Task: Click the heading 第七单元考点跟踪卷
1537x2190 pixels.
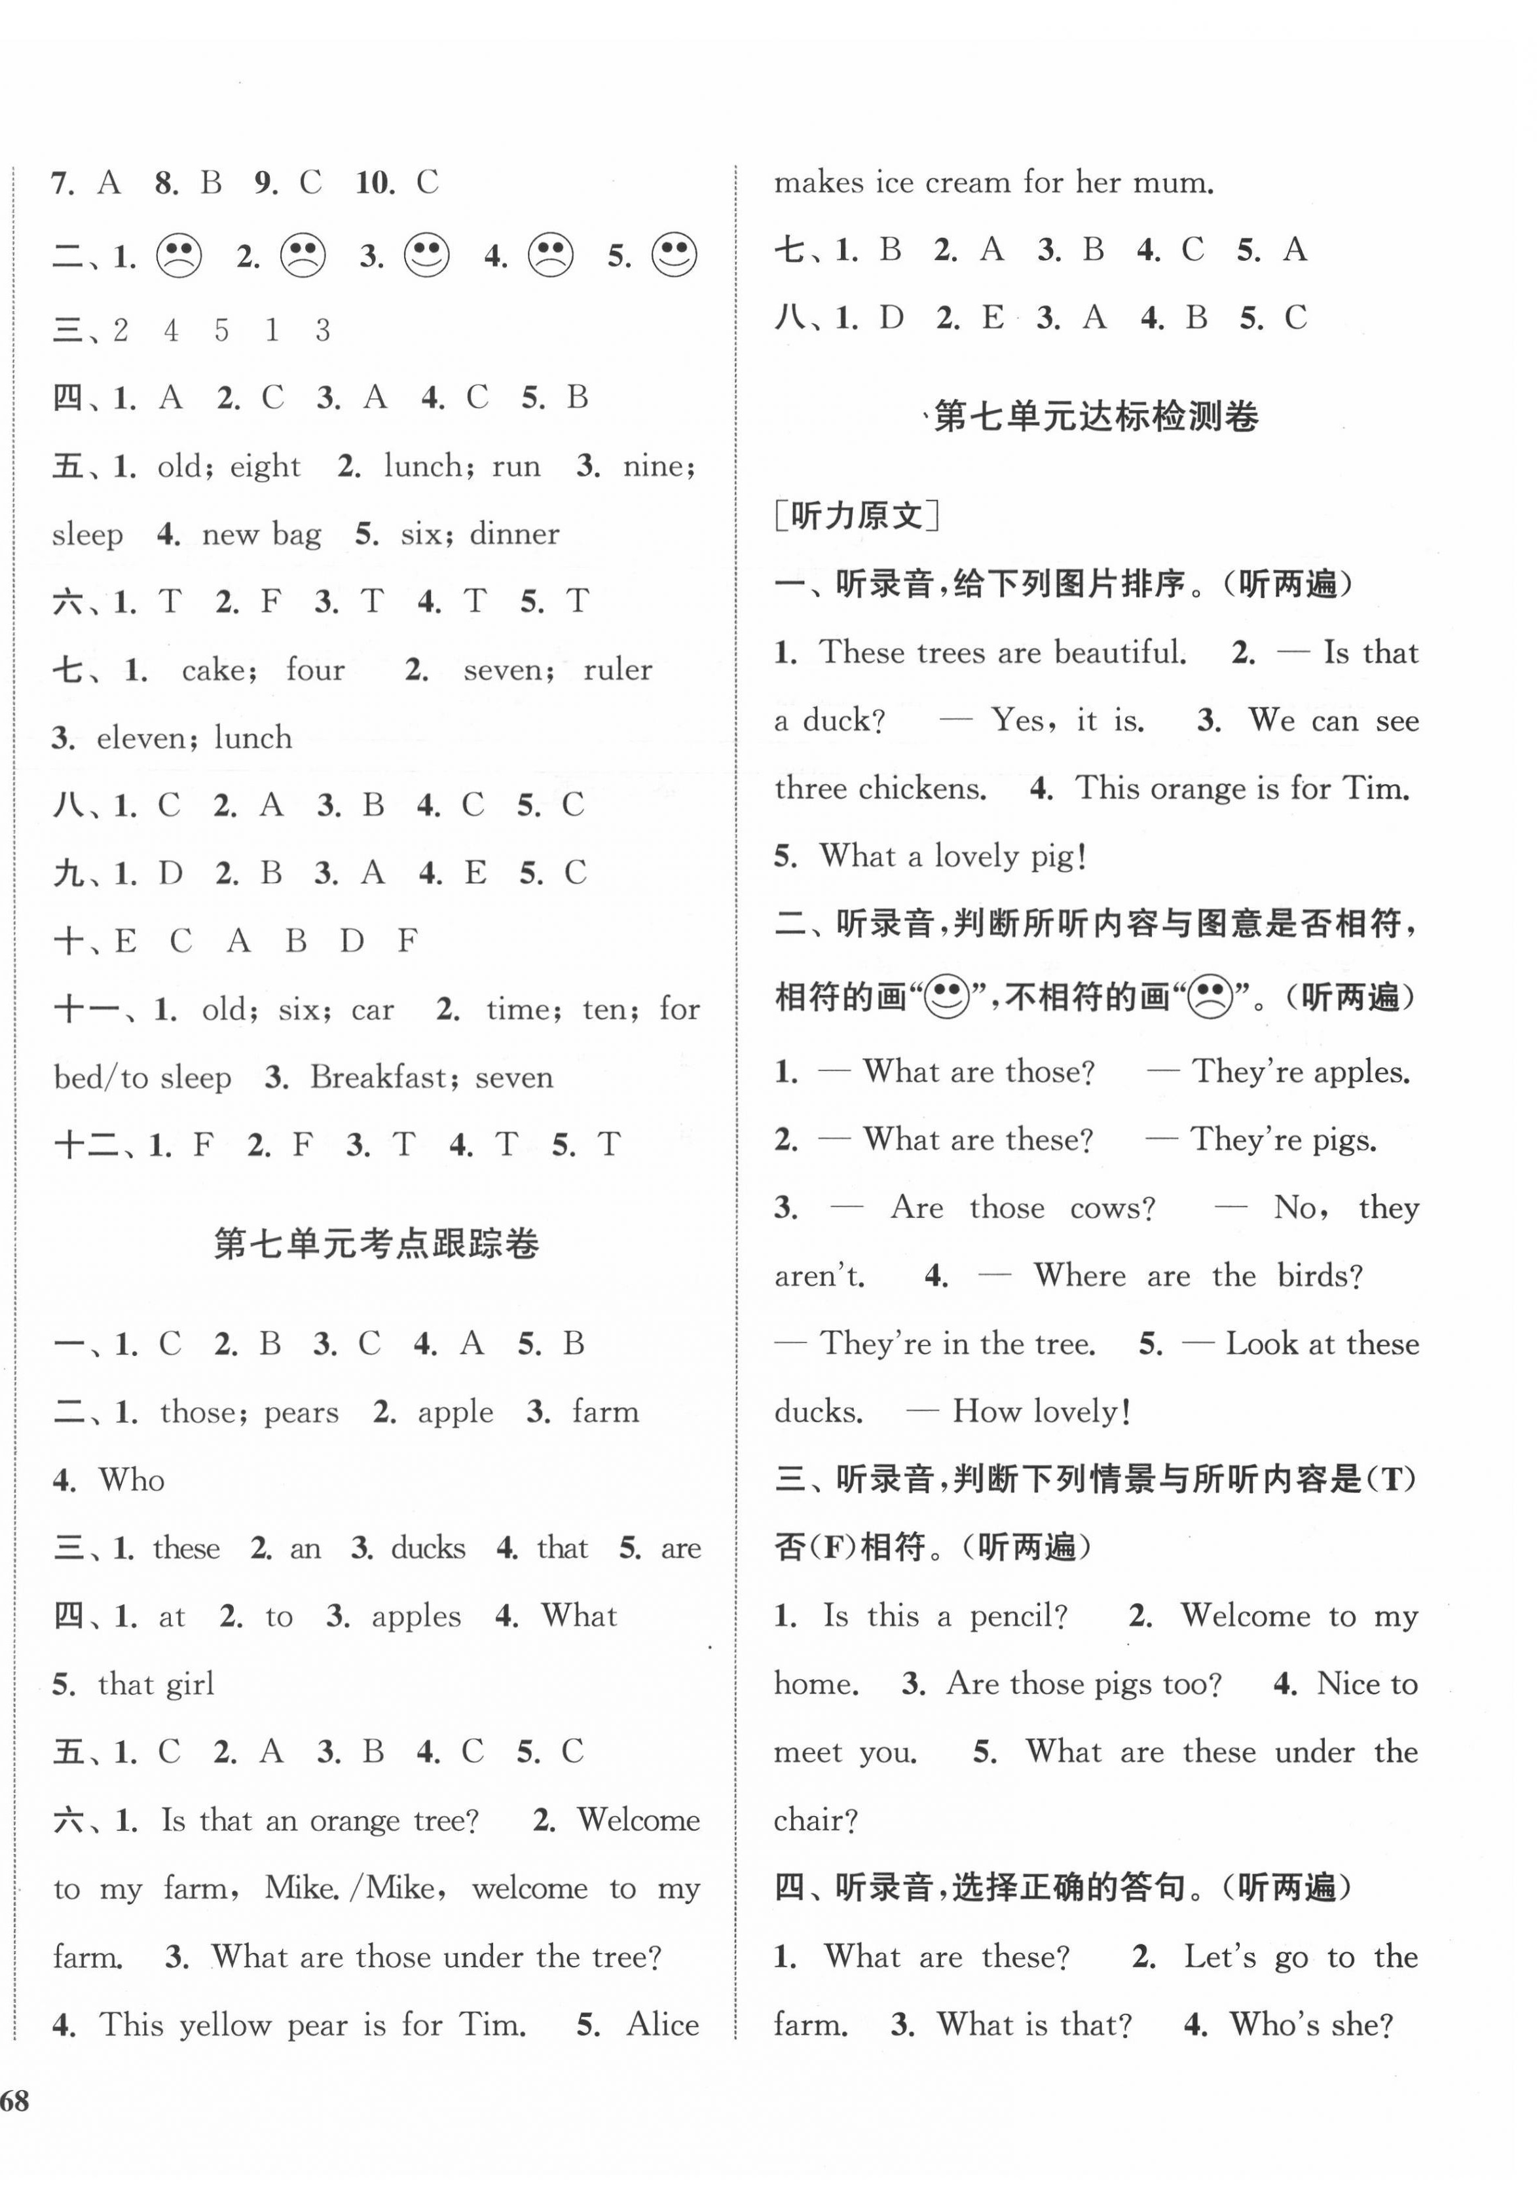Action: tap(377, 1244)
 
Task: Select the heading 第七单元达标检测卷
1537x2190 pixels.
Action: tap(1096, 416)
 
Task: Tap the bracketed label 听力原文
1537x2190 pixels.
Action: tap(856, 516)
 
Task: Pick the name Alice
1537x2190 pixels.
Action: tap(663, 2024)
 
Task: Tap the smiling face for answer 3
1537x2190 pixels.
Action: tap(426, 255)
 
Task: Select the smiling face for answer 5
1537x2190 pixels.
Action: tap(674, 255)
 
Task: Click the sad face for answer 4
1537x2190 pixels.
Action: tap(550, 255)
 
